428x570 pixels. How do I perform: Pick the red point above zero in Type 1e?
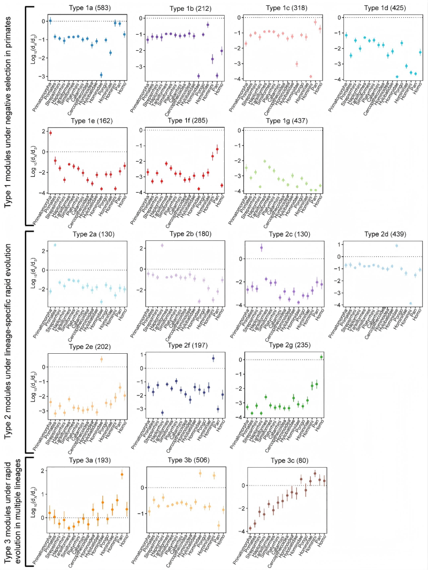click(50, 133)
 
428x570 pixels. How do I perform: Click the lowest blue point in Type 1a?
click(101, 74)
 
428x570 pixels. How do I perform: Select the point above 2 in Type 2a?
click(55, 245)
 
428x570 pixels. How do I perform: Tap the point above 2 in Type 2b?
click(162, 245)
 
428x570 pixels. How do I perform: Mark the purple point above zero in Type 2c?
click(261, 247)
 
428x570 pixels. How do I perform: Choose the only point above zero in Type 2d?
click(397, 246)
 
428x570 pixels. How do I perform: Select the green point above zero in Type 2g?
click(322, 357)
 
